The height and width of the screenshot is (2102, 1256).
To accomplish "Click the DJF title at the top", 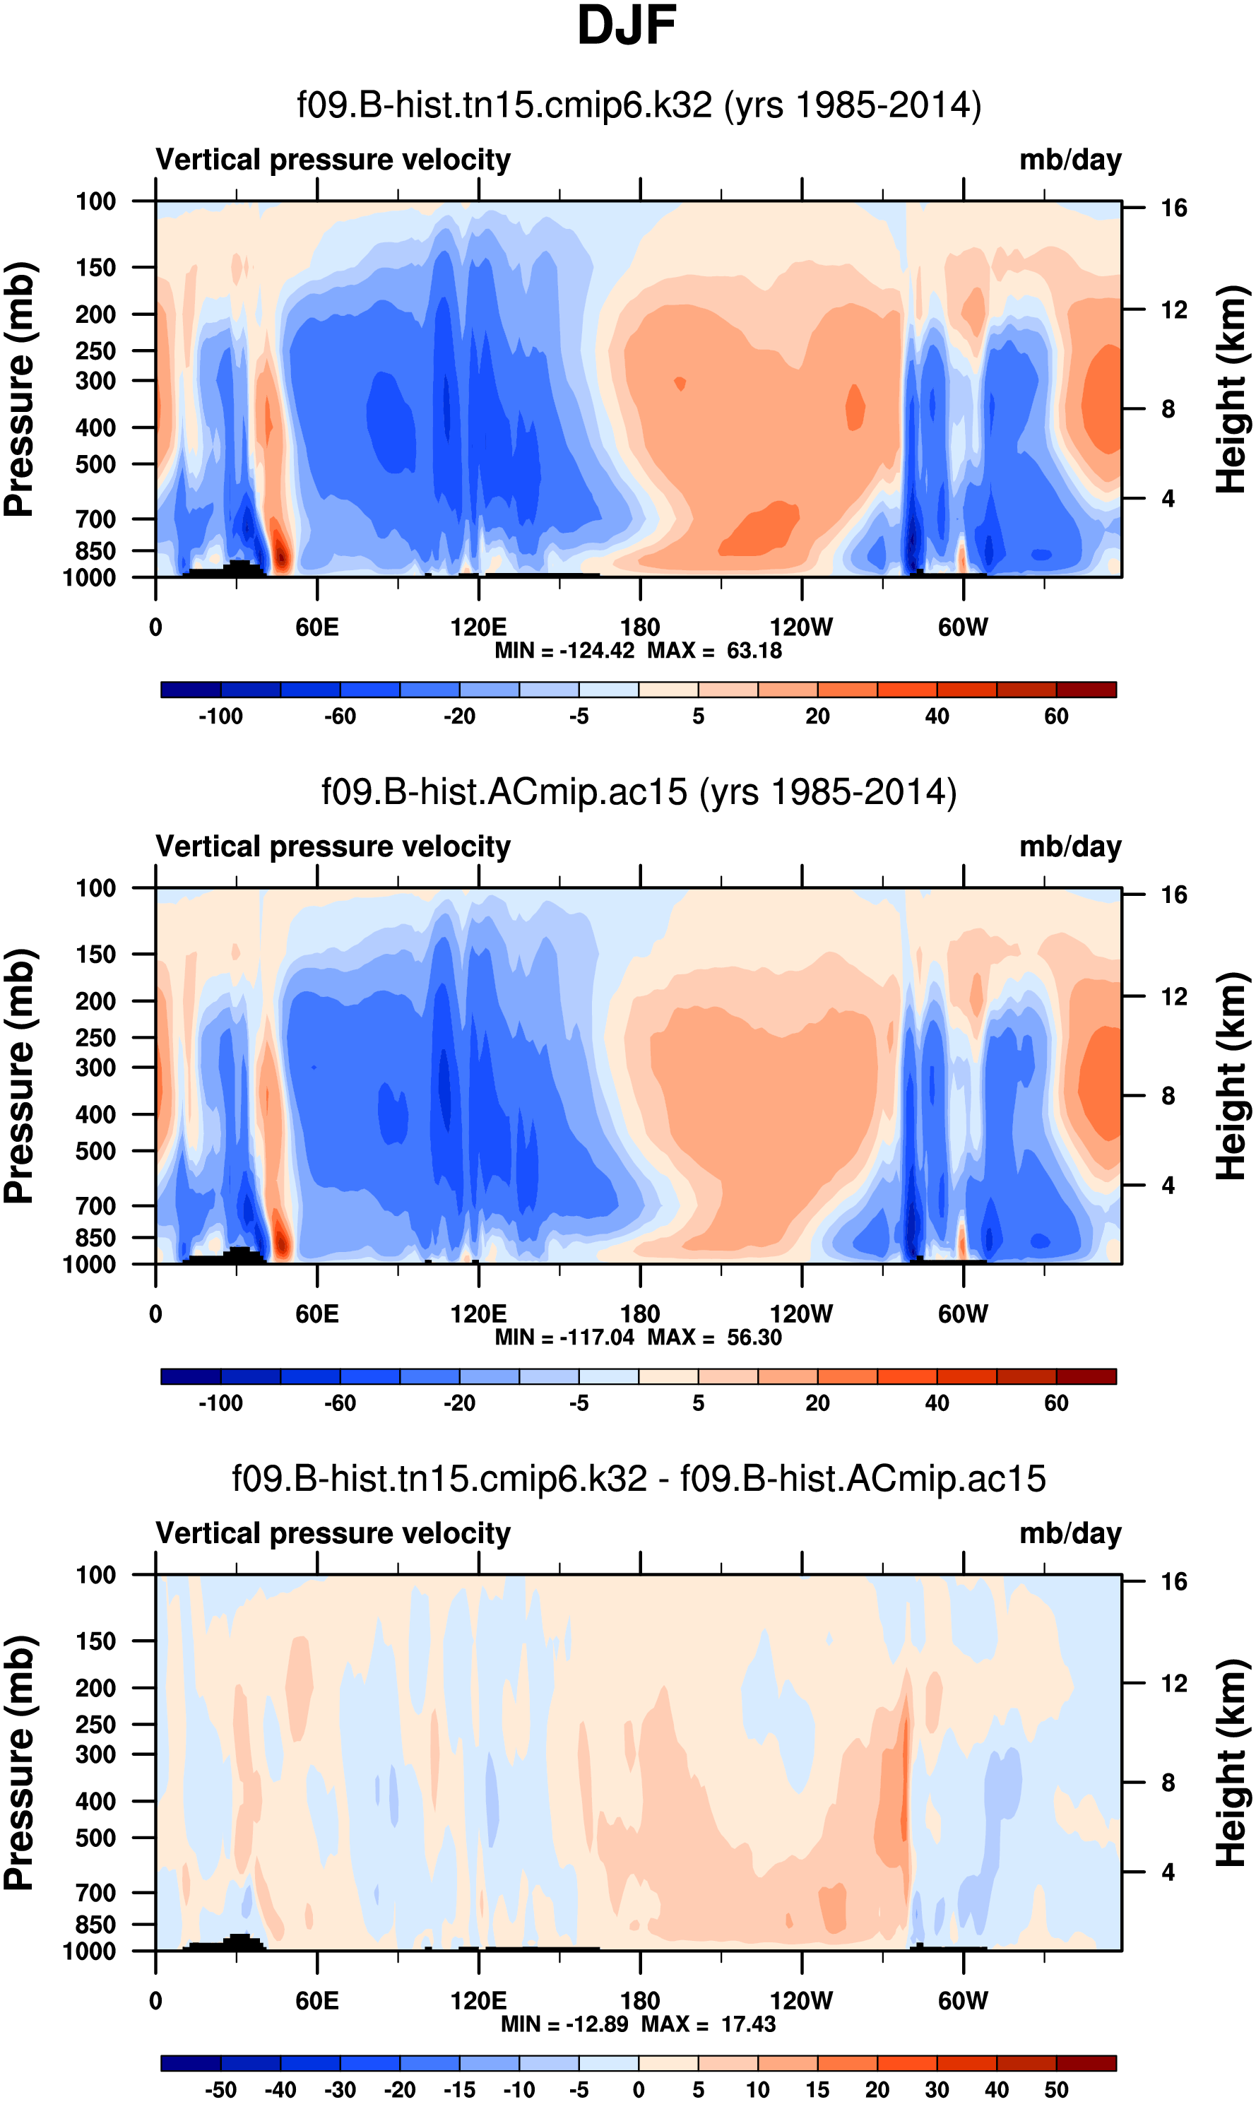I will (x=627, y=25).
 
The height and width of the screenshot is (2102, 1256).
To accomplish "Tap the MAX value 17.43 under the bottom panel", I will (x=748, y=2024).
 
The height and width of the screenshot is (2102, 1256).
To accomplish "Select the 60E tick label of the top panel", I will (x=317, y=627).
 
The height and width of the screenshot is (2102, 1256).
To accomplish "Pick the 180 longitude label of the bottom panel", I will (x=640, y=2000).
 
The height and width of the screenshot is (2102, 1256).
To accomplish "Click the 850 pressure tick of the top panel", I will (x=95, y=551).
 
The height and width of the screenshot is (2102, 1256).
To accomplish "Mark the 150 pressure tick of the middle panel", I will (x=95, y=954).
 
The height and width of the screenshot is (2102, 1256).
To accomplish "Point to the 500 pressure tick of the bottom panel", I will (x=95, y=1814).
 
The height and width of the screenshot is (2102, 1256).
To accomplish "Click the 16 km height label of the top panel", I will (x=1173, y=208).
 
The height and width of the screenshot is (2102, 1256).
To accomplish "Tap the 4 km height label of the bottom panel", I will (x=1168, y=1872).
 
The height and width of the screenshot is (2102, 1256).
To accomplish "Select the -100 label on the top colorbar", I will (x=220, y=716).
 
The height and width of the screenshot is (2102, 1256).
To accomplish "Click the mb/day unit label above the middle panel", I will (x=1070, y=846).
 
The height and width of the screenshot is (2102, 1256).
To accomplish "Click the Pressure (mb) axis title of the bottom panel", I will (x=18, y=1764).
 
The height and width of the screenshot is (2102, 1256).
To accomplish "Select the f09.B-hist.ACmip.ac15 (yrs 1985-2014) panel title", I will (x=639, y=792).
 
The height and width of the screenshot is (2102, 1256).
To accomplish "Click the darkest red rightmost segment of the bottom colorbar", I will (x=1086, y=2063).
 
